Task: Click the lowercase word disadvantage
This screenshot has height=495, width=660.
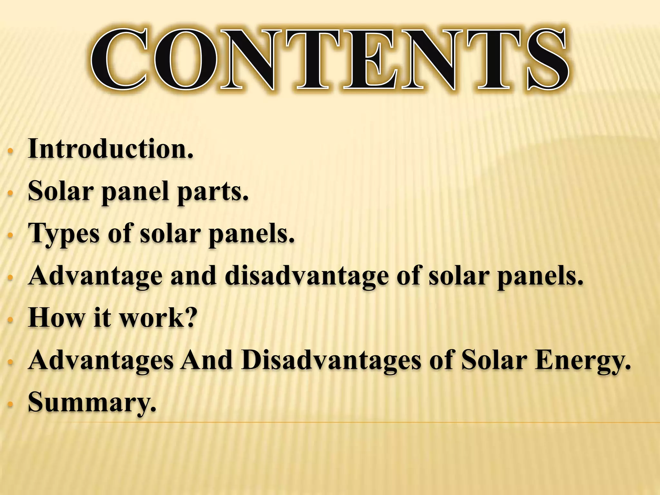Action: tap(306, 276)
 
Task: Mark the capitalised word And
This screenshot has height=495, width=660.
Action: tap(207, 360)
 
